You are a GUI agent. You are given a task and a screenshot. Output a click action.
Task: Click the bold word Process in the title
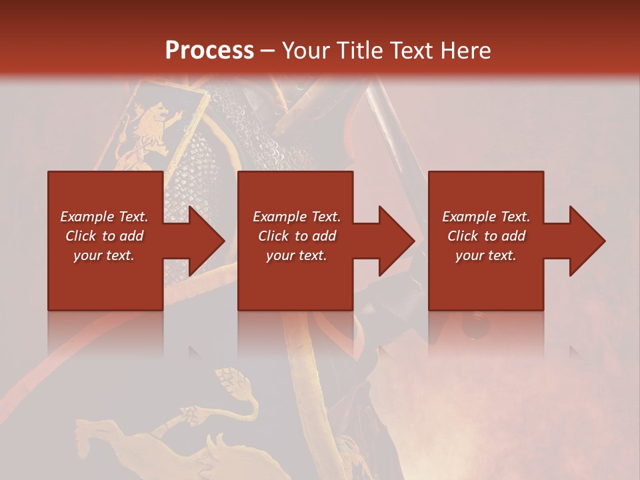click(209, 50)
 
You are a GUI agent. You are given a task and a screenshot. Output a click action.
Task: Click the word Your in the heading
click(304, 50)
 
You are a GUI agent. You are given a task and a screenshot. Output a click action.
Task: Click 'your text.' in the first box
click(104, 255)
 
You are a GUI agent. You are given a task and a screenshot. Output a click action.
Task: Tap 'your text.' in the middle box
click(296, 255)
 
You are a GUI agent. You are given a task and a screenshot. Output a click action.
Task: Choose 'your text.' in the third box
click(486, 255)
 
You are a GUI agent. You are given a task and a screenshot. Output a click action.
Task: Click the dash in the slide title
click(267, 51)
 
